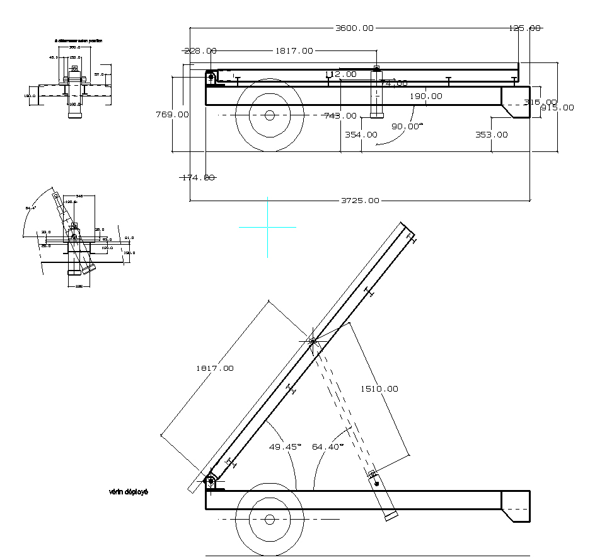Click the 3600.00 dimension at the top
(x=354, y=28)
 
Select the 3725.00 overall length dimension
(x=360, y=201)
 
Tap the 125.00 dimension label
(x=524, y=28)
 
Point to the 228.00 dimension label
(x=200, y=51)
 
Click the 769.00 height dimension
(x=172, y=114)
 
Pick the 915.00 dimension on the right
(x=558, y=107)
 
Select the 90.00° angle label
(x=407, y=126)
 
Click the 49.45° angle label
(x=286, y=446)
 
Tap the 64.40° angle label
(x=328, y=446)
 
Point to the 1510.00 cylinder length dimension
(x=379, y=388)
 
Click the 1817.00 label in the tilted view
(x=214, y=368)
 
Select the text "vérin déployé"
(x=129, y=492)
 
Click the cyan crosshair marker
(x=267, y=226)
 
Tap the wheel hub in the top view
(x=270, y=115)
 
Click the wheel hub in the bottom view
(x=270, y=519)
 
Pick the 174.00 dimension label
(x=198, y=178)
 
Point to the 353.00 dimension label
(x=491, y=134)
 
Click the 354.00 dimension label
(x=361, y=134)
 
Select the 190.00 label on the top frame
(x=426, y=96)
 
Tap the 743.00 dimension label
(x=340, y=115)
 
